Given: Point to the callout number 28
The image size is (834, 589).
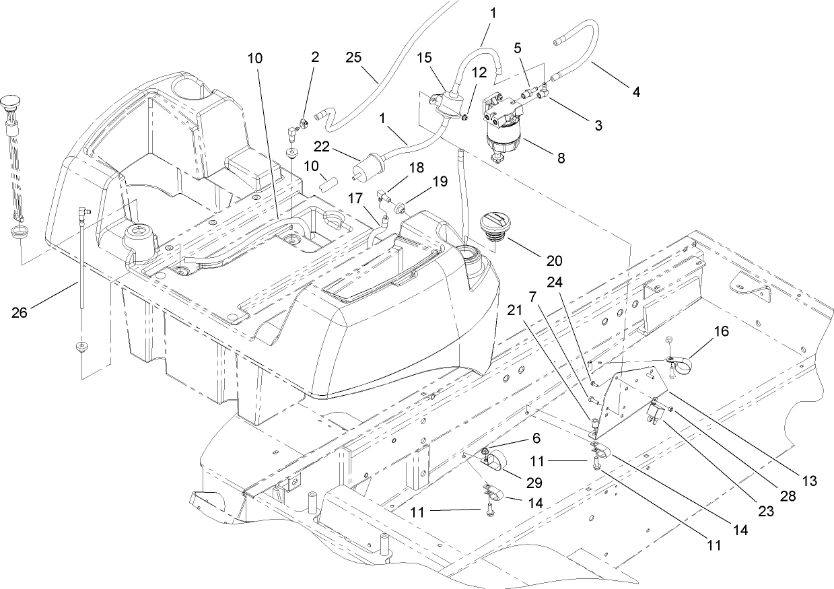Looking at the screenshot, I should click(x=789, y=497).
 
